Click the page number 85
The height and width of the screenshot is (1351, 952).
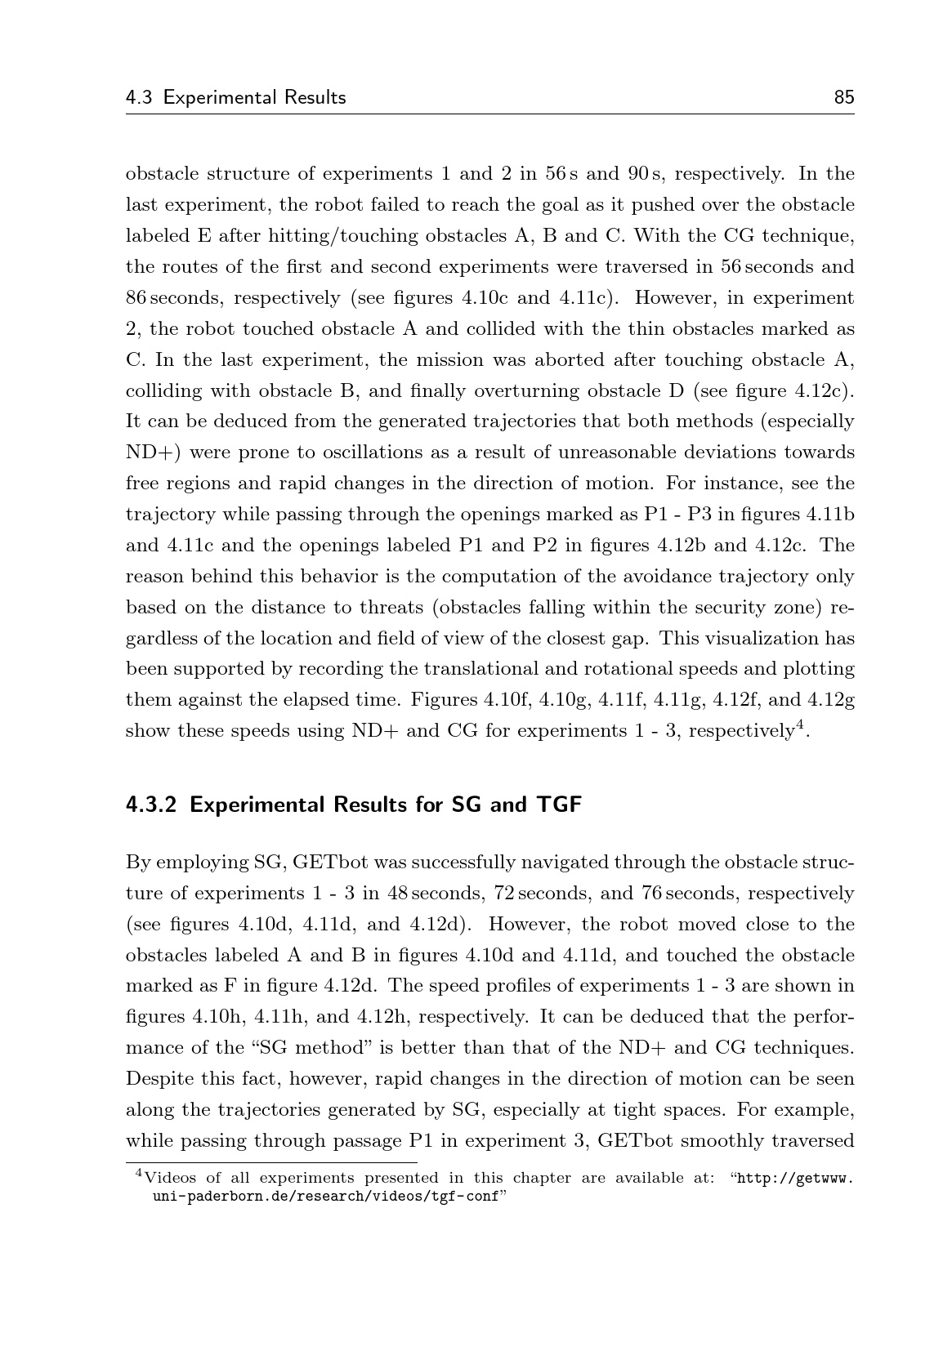click(x=843, y=98)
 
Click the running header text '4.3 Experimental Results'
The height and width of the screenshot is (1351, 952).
click(x=235, y=98)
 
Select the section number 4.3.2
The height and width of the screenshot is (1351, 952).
click(x=152, y=805)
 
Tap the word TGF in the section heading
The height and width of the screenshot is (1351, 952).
click(x=558, y=805)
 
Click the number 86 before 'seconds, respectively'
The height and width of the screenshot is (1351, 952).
click(x=136, y=298)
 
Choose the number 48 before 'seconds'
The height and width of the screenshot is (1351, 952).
click(x=398, y=893)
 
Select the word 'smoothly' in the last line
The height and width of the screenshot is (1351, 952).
click(x=722, y=1141)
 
